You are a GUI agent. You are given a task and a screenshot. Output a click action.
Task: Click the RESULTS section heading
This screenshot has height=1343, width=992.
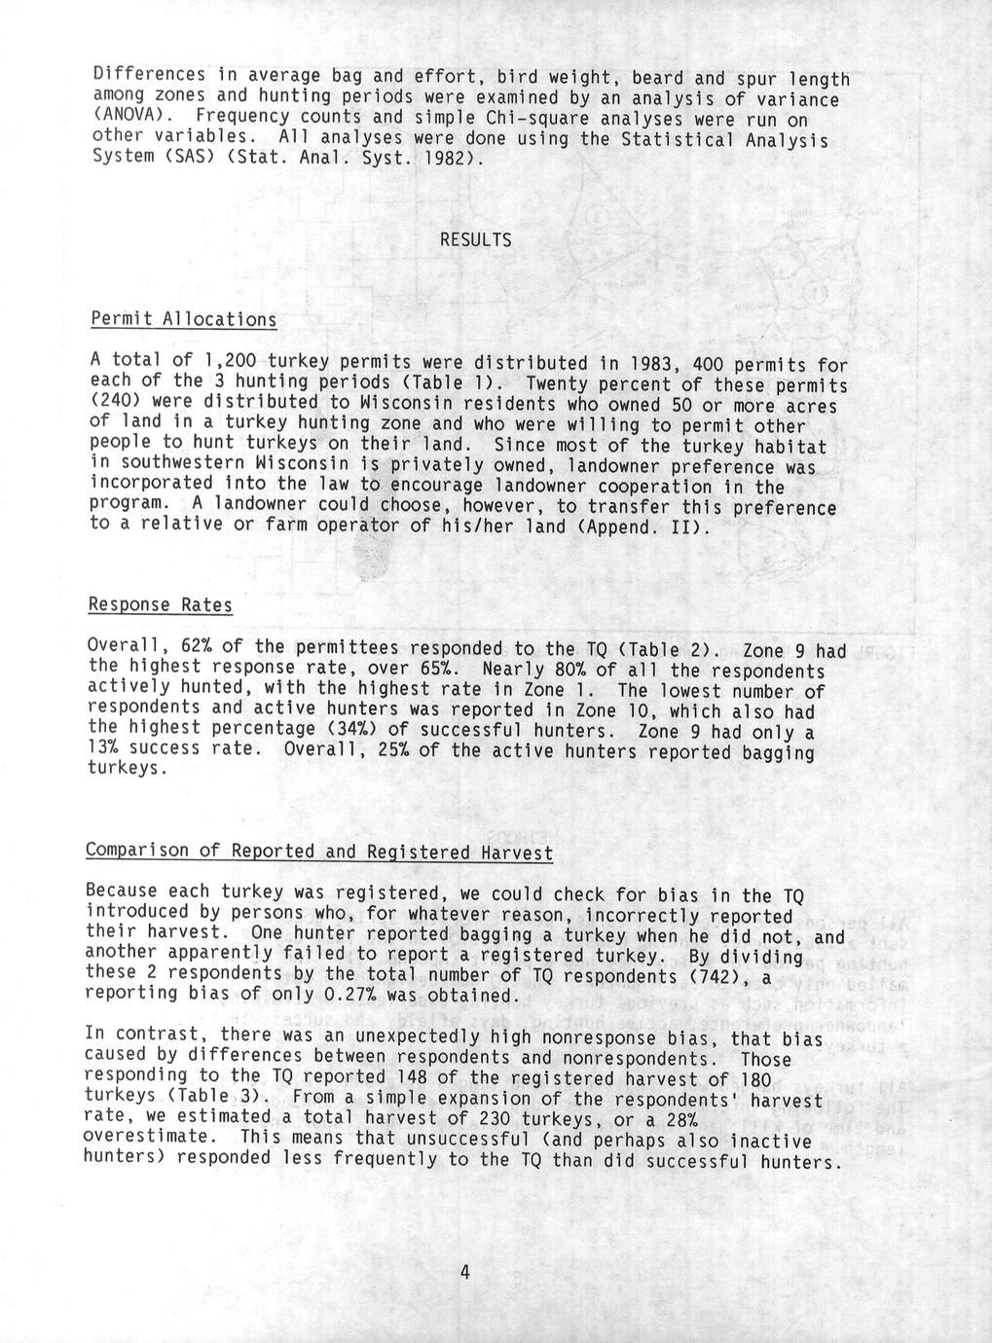(x=475, y=239)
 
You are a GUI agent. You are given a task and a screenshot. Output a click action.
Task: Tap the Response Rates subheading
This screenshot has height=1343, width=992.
(x=161, y=605)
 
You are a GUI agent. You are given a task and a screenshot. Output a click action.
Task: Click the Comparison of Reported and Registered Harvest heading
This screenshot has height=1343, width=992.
(x=319, y=852)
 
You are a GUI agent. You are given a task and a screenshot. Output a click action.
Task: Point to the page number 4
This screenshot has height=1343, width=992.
(x=465, y=1272)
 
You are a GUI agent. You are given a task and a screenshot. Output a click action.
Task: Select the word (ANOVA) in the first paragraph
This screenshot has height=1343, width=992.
(x=129, y=120)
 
